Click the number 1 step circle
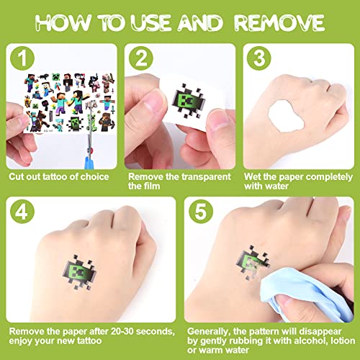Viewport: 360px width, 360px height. click(x=22, y=58)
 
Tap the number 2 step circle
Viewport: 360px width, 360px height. click(x=140, y=58)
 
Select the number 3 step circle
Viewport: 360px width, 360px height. click(x=259, y=58)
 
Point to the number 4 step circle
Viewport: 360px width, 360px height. click(x=22, y=212)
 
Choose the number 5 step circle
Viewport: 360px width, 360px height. click(x=201, y=212)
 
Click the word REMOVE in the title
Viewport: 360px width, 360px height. click(x=279, y=23)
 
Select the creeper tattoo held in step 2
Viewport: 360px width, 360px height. click(x=189, y=102)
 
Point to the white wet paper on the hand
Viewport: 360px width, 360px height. click(x=286, y=116)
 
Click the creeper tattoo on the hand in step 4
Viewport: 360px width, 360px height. click(x=79, y=272)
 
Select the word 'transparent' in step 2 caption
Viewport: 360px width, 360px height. click(x=206, y=177)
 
